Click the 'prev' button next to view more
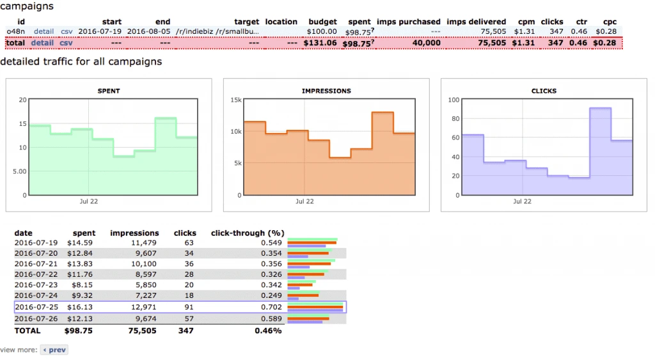[x=54, y=350]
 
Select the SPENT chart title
[x=109, y=91]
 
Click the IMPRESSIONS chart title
[x=326, y=91]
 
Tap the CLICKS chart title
[x=544, y=91]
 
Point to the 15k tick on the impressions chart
[x=235, y=100]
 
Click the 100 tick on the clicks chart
[x=453, y=100]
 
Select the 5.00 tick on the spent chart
[x=18, y=171]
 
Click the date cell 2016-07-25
[x=36, y=307]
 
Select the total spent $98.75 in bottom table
[x=79, y=331]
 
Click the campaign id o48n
[x=15, y=31]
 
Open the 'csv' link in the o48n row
[x=67, y=31]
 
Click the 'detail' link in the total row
[x=42, y=43]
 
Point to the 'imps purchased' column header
[x=408, y=22]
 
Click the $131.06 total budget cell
[x=321, y=43]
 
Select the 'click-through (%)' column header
[x=247, y=233]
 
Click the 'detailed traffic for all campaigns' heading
[x=81, y=62]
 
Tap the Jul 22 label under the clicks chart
[x=523, y=201]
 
